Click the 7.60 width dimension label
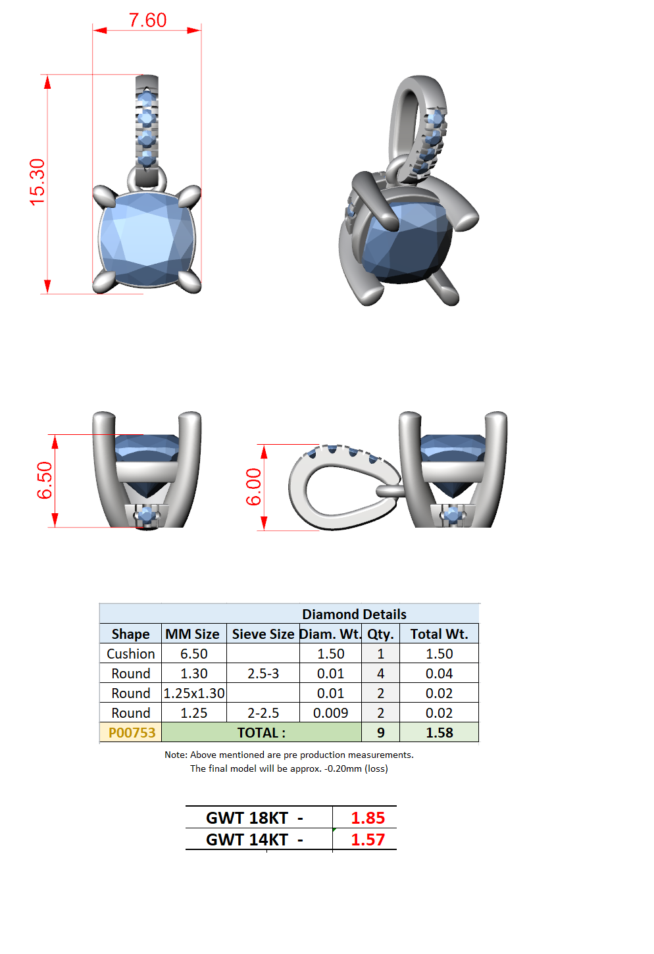pos(147,20)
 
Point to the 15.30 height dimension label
pos(37,182)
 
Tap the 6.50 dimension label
pos(44,480)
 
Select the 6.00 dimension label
pos(253,487)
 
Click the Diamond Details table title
pos(354,614)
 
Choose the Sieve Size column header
pos(263,634)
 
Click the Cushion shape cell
pos(131,654)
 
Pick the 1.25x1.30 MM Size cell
pos(194,693)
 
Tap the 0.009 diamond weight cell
pos(330,713)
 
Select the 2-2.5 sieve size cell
pos(263,713)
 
